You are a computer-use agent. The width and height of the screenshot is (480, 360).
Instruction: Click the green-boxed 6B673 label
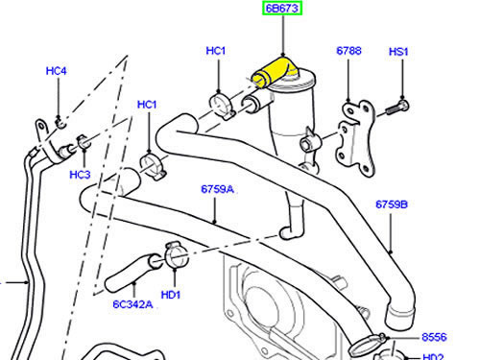pos(282,9)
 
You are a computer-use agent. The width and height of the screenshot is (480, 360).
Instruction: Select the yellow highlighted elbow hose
pos(274,72)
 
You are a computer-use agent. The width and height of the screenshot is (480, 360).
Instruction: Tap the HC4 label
pos(57,71)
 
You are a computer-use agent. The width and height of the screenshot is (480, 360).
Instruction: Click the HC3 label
pos(80,175)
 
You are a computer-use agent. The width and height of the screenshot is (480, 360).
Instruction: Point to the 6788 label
pos(348,51)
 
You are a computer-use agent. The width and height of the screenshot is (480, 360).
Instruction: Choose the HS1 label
pos(398,52)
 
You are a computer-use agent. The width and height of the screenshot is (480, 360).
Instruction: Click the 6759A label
pos(218,189)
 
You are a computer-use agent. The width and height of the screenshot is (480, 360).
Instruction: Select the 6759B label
pos(392,204)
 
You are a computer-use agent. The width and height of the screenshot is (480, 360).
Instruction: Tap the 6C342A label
pos(132,304)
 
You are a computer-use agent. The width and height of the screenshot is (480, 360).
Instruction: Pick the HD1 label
pos(171,295)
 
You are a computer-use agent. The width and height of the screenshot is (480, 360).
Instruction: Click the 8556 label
pos(434,337)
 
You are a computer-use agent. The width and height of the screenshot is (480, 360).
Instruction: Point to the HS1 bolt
pos(397,107)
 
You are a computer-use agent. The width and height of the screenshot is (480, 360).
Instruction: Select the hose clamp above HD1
pos(176,255)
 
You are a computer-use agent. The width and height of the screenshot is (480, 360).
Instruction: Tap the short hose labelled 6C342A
pos(132,273)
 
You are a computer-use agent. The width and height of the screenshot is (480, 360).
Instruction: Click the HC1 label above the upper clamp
pos(216,51)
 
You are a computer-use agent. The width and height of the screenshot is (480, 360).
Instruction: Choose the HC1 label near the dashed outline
pos(147,105)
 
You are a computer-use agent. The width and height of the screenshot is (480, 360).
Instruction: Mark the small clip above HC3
pos(84,142)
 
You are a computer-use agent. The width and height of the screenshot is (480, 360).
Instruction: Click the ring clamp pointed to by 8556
pos(368,345)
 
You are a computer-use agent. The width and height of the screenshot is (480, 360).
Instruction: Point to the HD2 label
pos(433,357)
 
